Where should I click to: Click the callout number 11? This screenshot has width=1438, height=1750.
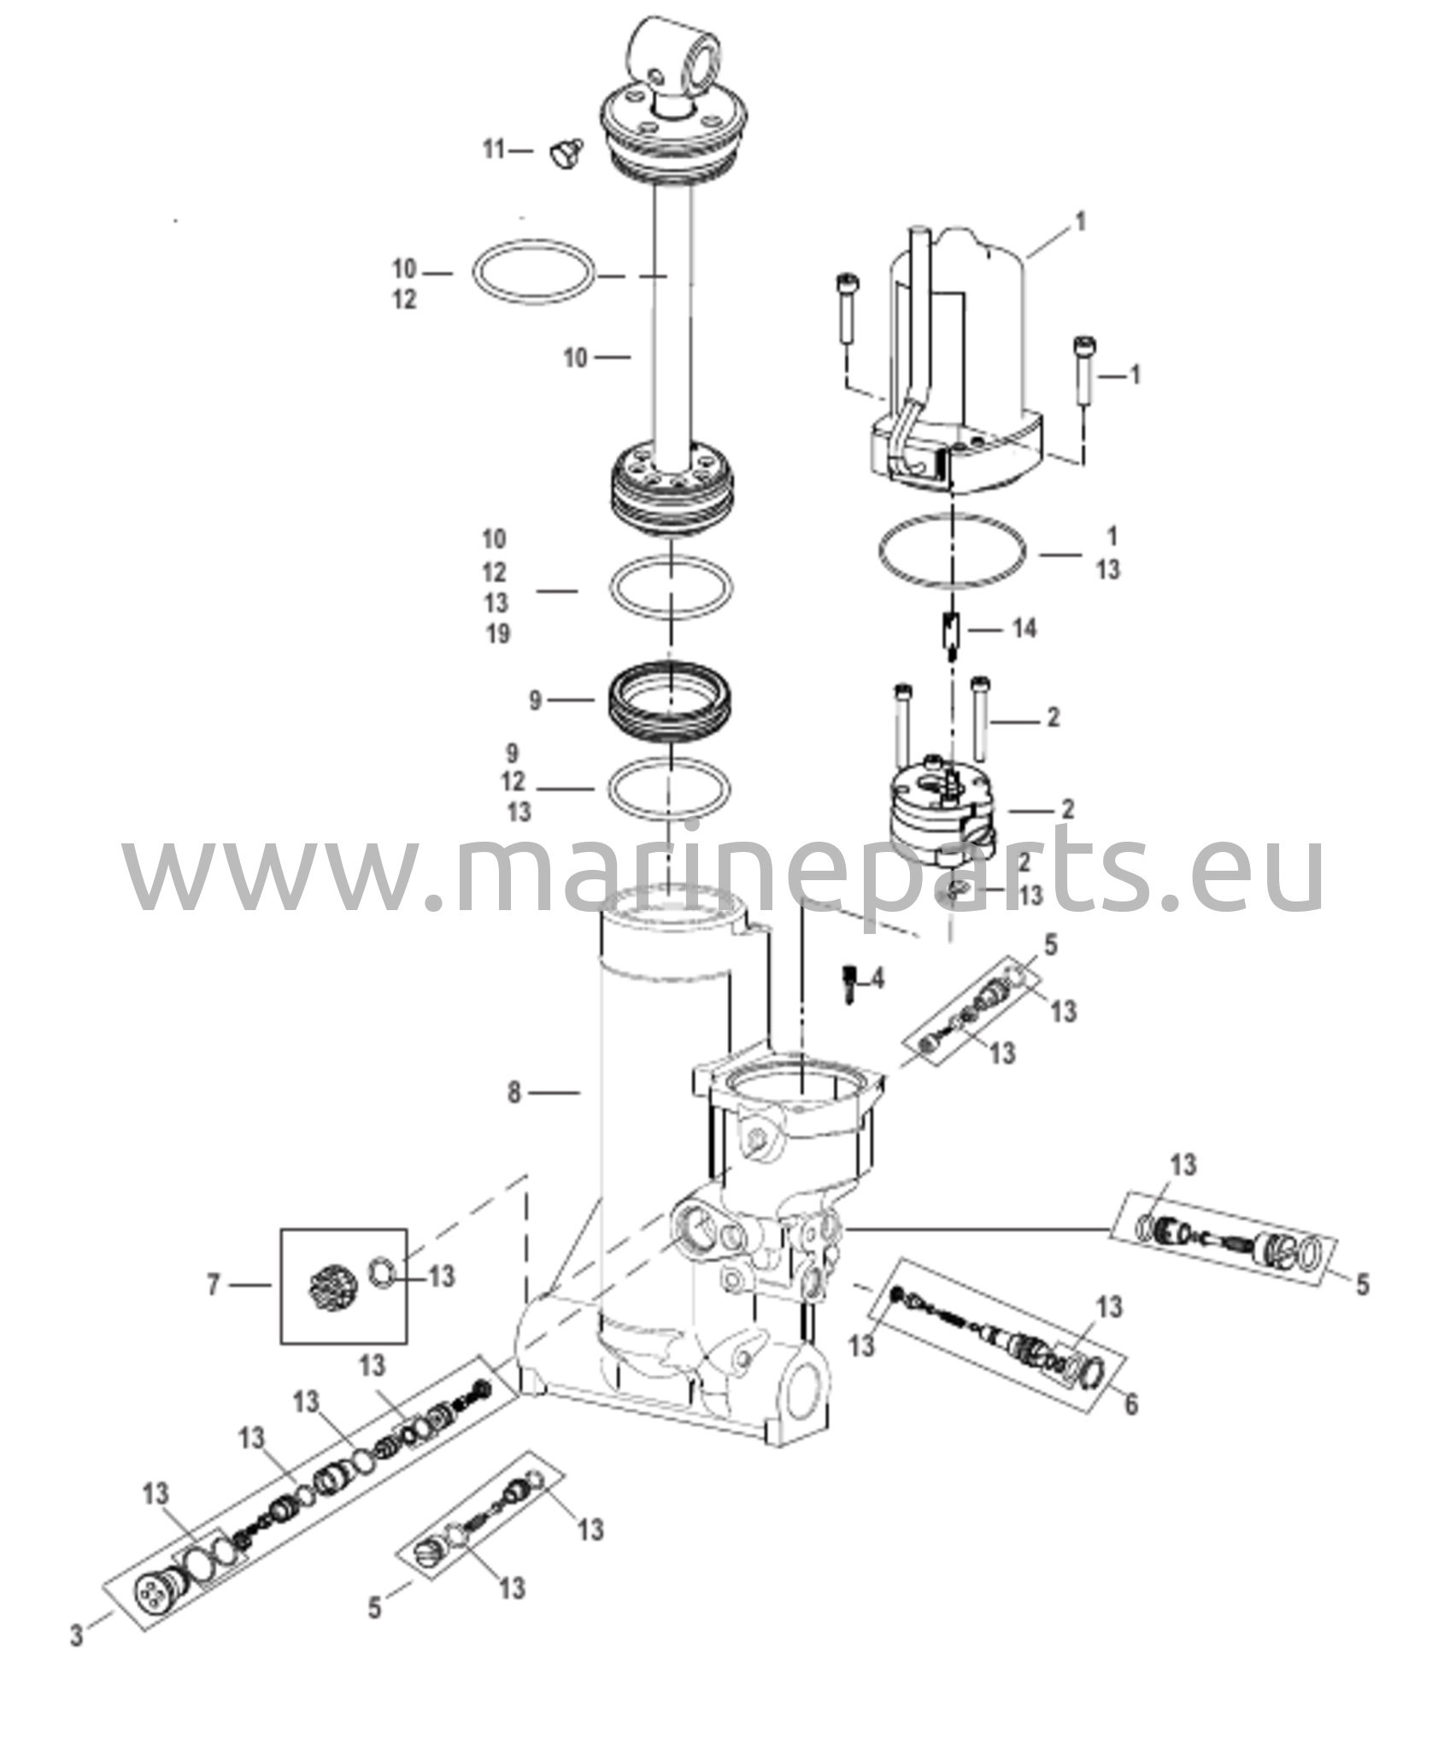point(495,150)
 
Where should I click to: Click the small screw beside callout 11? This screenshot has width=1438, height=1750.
point(565,154)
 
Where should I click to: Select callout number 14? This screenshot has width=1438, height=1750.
point(1024,629)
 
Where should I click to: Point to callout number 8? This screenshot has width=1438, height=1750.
point(514,1092)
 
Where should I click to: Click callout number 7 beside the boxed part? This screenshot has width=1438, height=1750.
point(214,1284)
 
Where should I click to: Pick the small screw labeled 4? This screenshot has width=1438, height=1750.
point(849,983)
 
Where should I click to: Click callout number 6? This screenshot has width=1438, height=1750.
point(1131,1403)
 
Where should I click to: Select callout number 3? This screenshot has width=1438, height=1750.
point(77,1636)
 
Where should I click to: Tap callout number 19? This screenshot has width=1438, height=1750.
point(496,634)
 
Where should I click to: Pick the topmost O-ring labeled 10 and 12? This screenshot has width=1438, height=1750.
point(532,271)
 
